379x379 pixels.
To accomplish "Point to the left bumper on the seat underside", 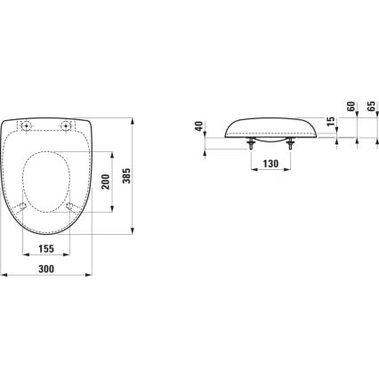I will click(x=22, y=206).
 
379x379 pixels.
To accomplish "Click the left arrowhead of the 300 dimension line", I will click(x=4, y=274).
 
